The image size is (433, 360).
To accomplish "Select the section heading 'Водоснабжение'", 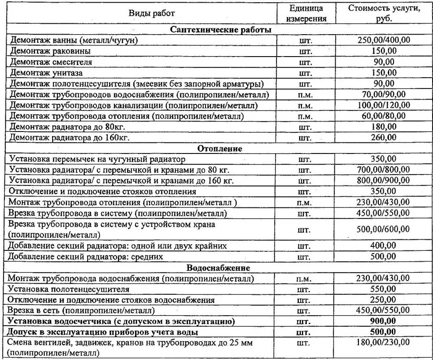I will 218,267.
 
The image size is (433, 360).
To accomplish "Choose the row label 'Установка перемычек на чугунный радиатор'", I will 97,158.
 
